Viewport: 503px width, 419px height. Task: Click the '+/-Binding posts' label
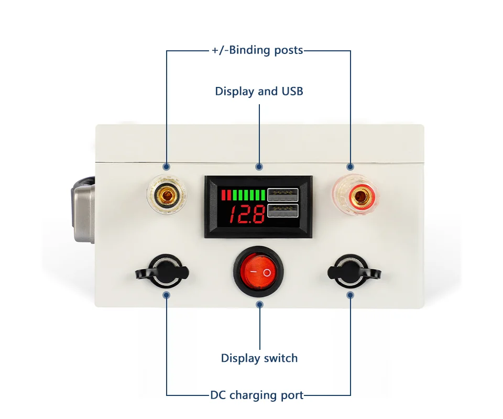(x=257, y=50)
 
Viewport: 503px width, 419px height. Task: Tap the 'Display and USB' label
(x=259, y=91)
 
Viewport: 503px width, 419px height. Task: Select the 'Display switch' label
(x=259, y=358)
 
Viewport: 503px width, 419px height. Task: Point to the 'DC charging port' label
(x=257, y=395)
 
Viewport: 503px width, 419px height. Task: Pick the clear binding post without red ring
(x=167, y=197)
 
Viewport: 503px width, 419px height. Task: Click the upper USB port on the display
(x=282, y=195)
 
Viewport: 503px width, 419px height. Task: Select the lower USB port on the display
(x=282, y=212)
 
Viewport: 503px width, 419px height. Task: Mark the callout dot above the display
(x=259, y=167)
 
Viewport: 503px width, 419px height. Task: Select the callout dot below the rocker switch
(x=259, y=304)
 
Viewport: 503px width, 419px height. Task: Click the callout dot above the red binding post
(x=350, y=167)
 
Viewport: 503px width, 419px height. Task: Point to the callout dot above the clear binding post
(x=167, y=167)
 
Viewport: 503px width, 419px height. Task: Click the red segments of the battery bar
(x=226, y=195)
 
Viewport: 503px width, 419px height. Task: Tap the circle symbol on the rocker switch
(x=267, y=273)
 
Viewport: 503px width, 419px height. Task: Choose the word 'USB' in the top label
(x=292, y=91)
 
